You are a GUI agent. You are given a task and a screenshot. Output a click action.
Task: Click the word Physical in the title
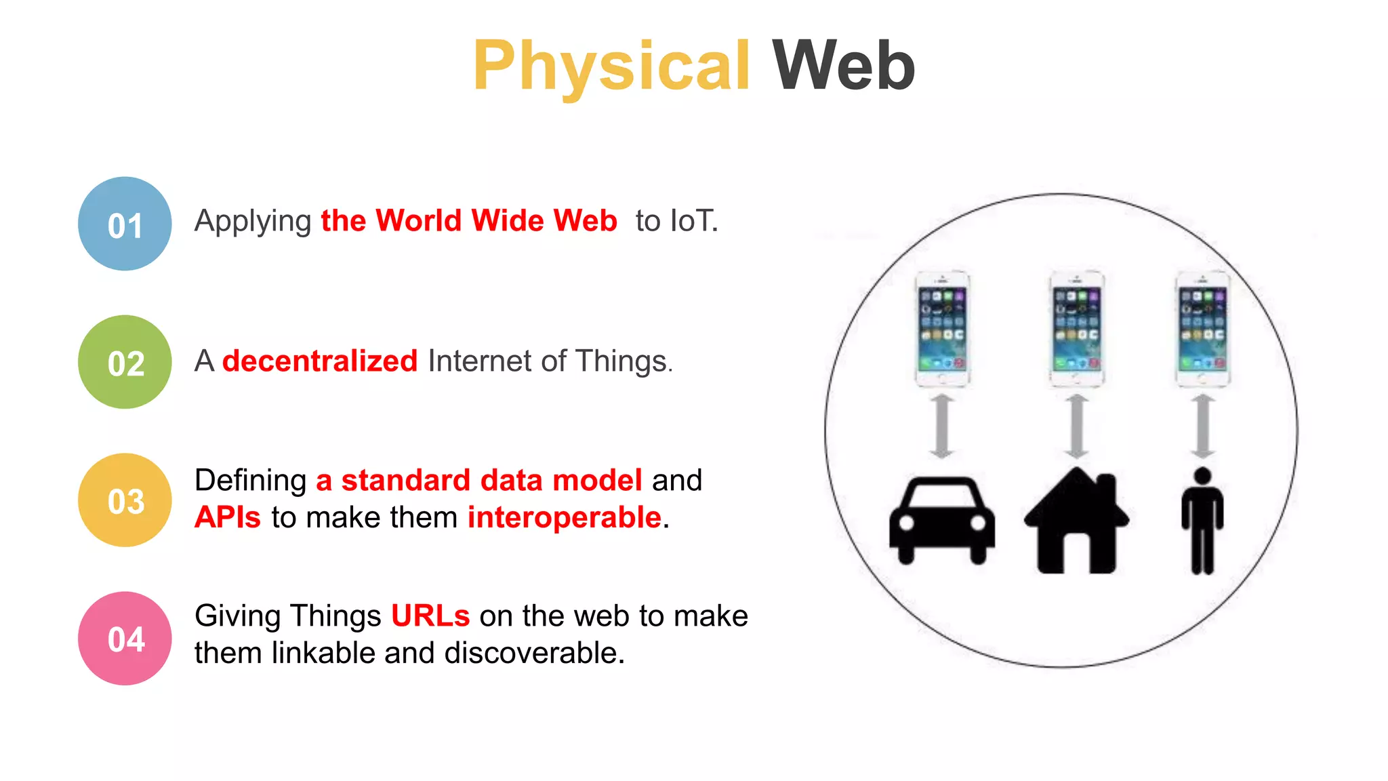click(x=611, y=66)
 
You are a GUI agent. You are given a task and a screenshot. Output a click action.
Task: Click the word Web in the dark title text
click(x=844, y=66)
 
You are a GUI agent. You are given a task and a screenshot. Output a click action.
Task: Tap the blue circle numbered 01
click(x=125, y=224)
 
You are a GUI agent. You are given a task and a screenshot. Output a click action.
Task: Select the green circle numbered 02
click(x=125, y=362)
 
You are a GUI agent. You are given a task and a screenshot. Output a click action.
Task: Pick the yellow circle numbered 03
click(x=125, y=500)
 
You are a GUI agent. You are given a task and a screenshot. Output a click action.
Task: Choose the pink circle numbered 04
click(x=125, y=639)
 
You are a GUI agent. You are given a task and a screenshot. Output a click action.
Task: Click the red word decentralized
click(x=320, y=361)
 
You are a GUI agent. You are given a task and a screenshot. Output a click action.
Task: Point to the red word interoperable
click(x=564, y=518)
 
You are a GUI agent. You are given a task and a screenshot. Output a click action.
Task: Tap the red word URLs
click(x=430, y=616)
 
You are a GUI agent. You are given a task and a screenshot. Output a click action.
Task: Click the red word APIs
click(x=228, y=518)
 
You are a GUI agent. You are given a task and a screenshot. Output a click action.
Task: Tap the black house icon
click(x=1076, y=521)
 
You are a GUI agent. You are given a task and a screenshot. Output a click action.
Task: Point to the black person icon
click(x=1202, y=521)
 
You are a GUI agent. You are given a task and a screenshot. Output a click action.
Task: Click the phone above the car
click(x=942, y=328)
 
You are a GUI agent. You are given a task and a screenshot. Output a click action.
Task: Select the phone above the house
click(x=1076, y=328)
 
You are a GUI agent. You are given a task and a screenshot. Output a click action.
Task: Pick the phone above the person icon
click(x=1202, y=328)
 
